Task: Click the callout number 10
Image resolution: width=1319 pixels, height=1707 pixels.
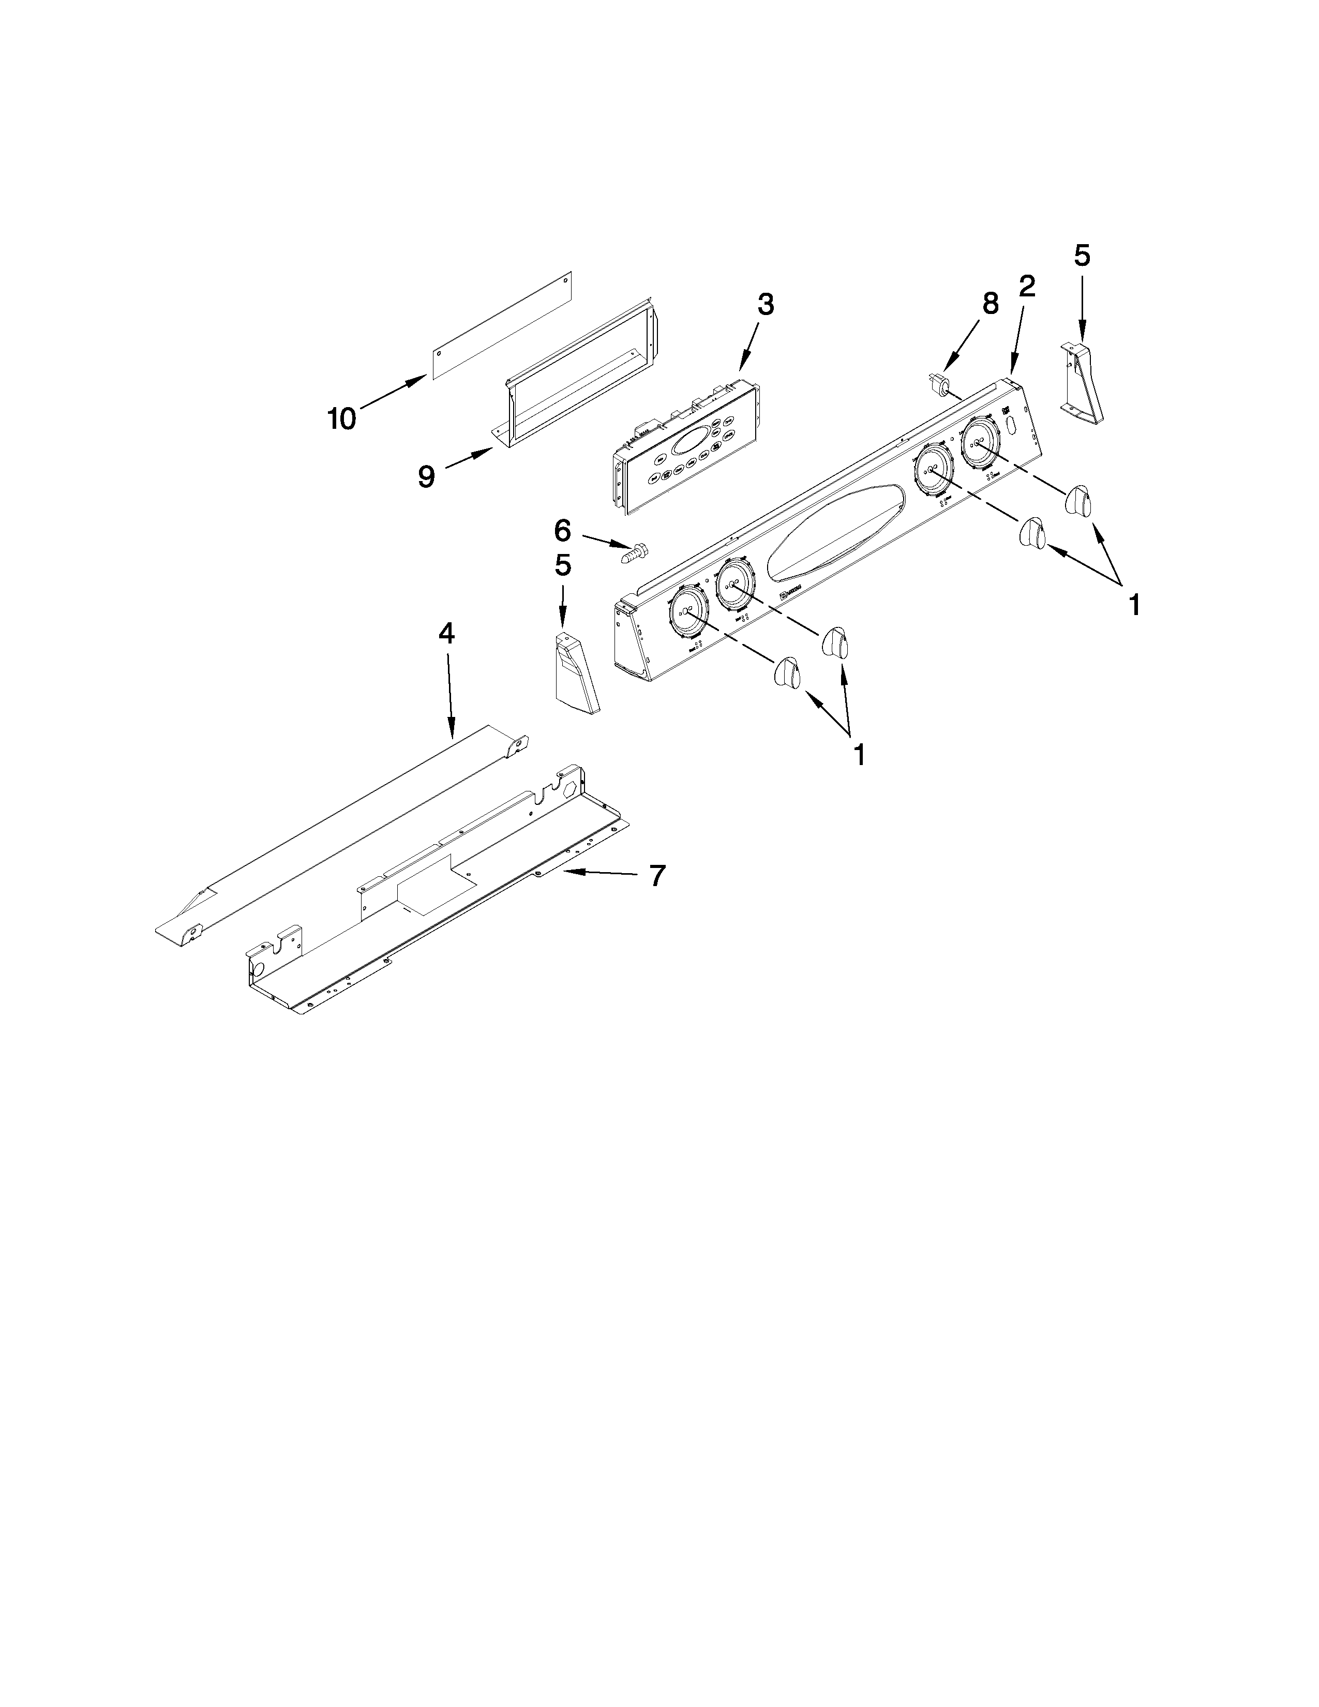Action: coord(341,419)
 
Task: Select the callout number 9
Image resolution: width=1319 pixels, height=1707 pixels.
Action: coord(426,476)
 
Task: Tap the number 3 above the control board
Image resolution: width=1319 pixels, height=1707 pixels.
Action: coord(766,305)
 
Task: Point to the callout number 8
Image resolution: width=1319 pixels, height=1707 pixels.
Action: coord(990,303)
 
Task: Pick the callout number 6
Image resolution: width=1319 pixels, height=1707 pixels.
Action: coord(563,531)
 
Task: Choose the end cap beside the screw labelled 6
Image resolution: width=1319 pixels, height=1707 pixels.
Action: coord(574,673)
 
